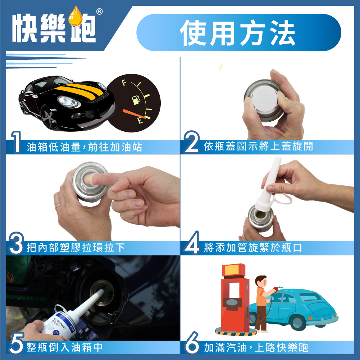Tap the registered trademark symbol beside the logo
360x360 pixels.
point(99,12)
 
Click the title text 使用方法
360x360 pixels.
point(237,33)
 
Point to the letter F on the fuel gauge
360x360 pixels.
point(124,82)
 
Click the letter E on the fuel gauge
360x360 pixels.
point(140,120)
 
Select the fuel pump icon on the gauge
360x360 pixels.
point(136,100)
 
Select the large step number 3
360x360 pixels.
point(16,243)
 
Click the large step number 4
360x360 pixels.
point(192,243)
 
